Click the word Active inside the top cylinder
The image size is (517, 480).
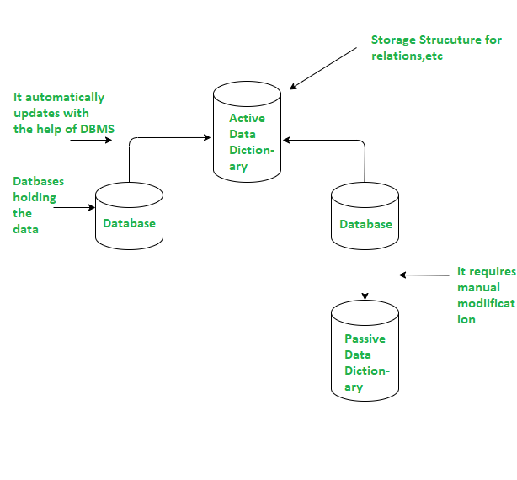247,119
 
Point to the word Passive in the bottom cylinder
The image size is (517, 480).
365,339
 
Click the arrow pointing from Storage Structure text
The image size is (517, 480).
323,67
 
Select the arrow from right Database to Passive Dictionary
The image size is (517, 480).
365,274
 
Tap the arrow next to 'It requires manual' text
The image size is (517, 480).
425,275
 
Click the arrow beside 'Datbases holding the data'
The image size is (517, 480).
73,206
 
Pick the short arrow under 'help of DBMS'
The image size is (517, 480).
90,140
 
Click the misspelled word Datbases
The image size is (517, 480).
39,181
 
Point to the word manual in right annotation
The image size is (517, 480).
478,287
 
